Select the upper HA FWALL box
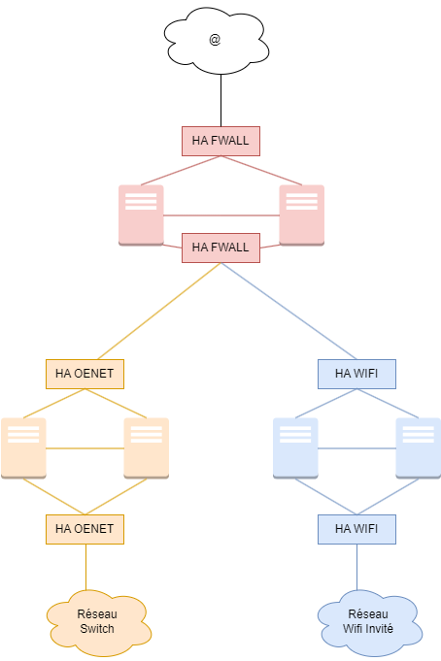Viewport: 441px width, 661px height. [x=220, y=141]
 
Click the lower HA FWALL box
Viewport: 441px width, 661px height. [x=220, y=248]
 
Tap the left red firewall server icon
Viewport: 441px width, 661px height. [x=141, y=215]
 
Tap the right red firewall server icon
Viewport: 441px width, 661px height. [x=301, y=215]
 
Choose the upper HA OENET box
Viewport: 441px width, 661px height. [x=85, y=374]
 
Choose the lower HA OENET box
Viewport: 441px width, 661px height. [x=85, y=529]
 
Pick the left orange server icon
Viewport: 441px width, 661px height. [x=23, y=448]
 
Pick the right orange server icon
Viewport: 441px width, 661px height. [x=147, y=448]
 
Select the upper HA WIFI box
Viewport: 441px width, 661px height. [x=357, y=374]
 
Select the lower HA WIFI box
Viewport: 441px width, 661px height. [x=357, y=529]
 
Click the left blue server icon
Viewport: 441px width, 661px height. [x=295, y=448]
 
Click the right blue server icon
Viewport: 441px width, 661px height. [x=419, y=448]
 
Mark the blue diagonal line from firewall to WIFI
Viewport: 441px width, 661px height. [x=288, y=311]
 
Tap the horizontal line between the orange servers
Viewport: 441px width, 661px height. [x=85, y=448]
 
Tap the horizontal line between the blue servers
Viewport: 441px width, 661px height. [x=357, y=448]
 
